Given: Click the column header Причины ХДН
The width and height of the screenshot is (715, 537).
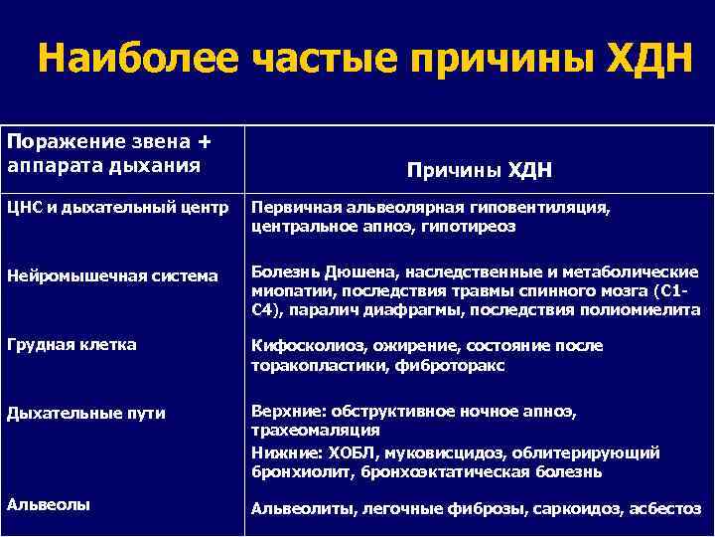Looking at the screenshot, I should (479, 170).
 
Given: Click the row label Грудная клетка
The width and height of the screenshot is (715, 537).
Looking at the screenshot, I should (71, 344).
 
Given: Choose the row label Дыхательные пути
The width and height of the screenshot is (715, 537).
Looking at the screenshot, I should (86, 413).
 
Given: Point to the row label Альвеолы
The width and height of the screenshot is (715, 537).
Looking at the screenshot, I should (49, 504).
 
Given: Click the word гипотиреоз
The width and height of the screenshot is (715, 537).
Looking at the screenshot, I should (473, 226).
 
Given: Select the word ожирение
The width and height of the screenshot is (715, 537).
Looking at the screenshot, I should (404, 346).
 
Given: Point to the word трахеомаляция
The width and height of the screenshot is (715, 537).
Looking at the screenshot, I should (315, 431).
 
